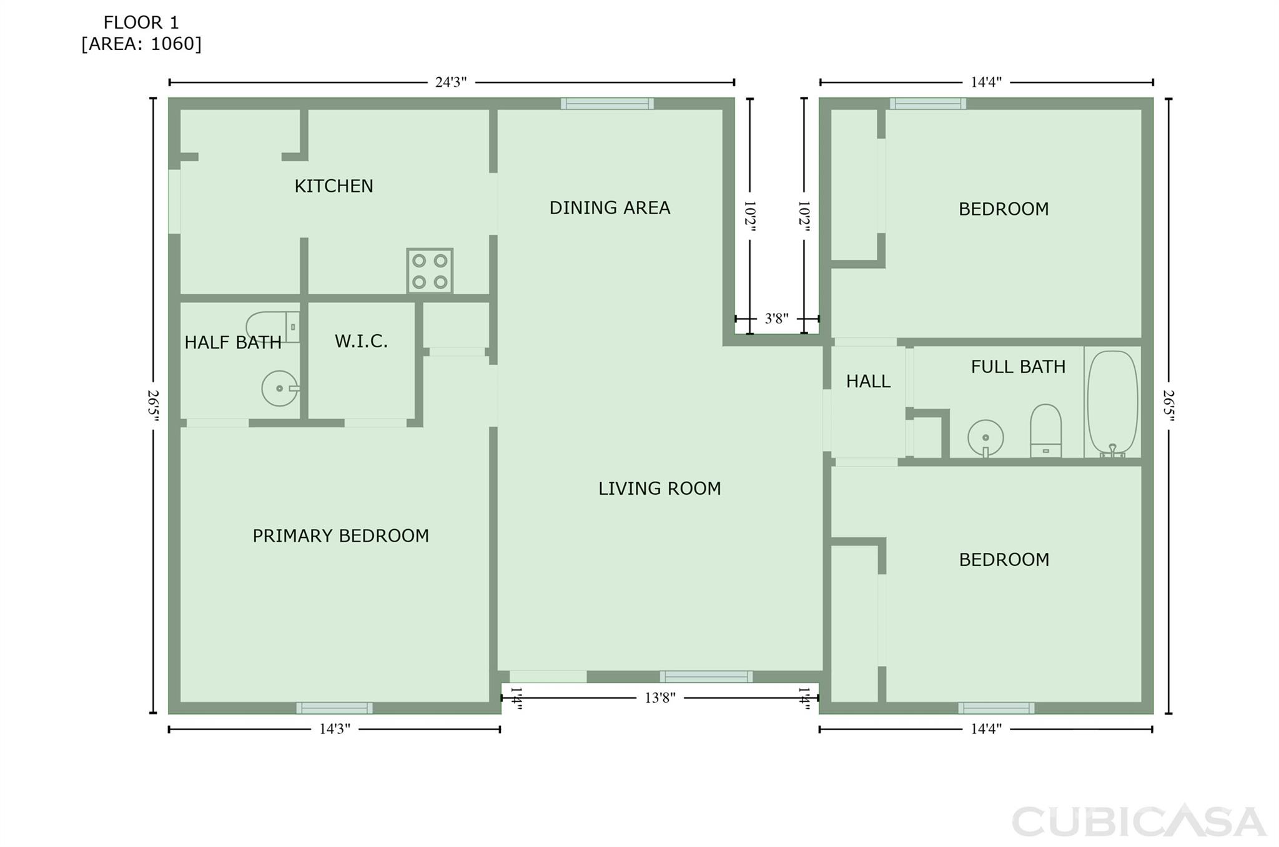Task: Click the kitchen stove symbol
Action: click(430, 270)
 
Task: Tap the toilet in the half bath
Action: click(273, 327)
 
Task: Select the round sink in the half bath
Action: click(279, 389)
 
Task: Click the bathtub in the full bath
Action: click(1112, 403)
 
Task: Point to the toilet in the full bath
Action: click(1045, 430)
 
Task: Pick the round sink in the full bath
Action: click(985, 438)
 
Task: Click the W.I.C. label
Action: click(361, 341)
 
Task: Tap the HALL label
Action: click(868, 381)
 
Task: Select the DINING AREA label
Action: click(610, 207)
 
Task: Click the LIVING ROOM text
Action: click(659, 488)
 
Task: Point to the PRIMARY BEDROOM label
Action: click(340, 536)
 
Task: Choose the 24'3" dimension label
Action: click(451, 82)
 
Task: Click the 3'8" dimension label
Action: click(776, 319)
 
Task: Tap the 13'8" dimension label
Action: click(660, 698)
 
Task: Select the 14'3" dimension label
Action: click(335, 729)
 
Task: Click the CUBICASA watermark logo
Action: click(1138, 821)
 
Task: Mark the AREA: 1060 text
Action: click(141, 44)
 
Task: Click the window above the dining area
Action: click(607, 104)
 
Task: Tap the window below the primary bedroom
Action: click(334, 708)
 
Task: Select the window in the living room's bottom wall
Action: click(706, 676)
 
